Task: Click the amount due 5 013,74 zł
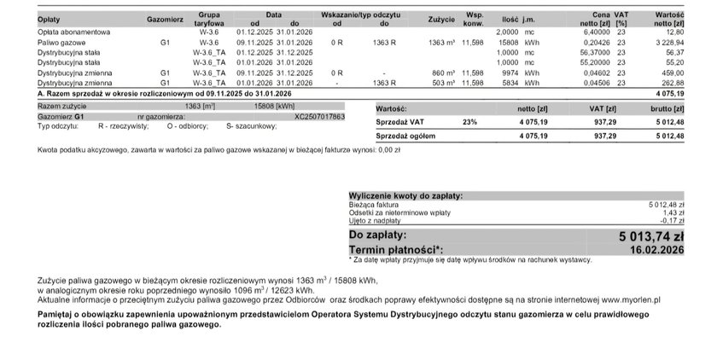[651, 236]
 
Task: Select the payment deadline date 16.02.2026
[657, 249]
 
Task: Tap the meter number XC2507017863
[319, 116]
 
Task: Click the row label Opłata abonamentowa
[73, 32]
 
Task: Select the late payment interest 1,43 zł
[673, 212]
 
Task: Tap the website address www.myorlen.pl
[630, 299]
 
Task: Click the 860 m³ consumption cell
[442, 73]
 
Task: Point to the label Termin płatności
[396, 249]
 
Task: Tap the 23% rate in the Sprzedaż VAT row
[469, 123]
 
